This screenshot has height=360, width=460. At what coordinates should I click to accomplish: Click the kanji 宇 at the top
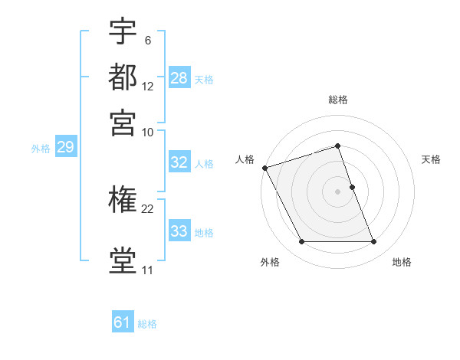coord(123,32)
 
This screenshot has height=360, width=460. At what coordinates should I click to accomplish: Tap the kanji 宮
coord(123,123)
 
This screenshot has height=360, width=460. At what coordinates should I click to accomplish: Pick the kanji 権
coord(123,201)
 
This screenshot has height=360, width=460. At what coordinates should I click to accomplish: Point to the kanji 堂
coord(123,260)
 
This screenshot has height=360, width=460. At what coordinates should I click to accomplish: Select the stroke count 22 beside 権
coord(148,208)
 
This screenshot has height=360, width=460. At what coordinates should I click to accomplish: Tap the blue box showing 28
coord(179,78)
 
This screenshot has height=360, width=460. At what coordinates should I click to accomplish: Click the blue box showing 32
coord(179,162)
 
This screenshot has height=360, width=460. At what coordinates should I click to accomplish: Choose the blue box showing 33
coord(179,231)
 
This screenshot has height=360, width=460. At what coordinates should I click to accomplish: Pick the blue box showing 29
coord(65,148)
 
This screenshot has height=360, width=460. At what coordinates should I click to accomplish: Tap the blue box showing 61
coord(123,322)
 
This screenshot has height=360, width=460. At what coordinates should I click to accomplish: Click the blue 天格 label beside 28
coord(204,79)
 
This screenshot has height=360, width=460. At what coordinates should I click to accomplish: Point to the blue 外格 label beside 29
coord(41,149)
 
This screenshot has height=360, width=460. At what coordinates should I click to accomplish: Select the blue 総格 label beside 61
coord(147,324)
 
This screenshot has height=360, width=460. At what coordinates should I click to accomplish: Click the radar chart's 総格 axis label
coord(338,100)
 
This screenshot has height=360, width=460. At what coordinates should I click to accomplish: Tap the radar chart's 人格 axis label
coord(245,159)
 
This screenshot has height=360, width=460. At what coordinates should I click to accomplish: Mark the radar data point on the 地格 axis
coord(374,242)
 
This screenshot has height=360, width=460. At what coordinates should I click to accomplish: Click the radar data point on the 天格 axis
coord(352,187)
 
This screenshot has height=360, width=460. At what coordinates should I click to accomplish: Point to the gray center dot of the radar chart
coord(338,191)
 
